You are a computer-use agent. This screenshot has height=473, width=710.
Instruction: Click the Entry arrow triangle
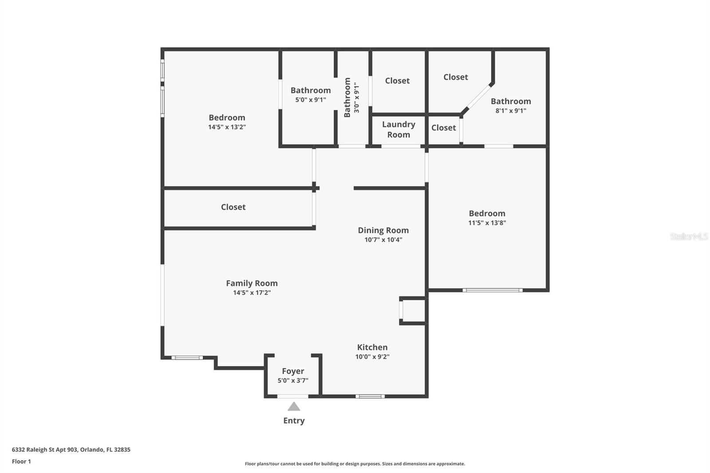pos(294,406)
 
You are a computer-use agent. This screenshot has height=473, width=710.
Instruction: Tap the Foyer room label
pos(293,371)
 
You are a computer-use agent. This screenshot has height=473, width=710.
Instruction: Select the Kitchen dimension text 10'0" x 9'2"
pos(372,357)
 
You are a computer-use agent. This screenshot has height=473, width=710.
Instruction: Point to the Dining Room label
pos(383,230)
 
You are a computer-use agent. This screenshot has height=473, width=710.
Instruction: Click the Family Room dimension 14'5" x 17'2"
pos(252,292)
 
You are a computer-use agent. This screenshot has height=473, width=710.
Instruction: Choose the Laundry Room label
pos(398,130)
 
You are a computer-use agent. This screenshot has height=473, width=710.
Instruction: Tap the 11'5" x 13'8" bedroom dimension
pos(487,223)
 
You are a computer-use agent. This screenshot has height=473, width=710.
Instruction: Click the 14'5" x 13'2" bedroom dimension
pos(227,127)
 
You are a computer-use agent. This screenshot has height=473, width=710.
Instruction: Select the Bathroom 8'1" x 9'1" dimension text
pos(511,110)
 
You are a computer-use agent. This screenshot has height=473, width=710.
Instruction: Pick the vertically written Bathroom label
pos(347,97)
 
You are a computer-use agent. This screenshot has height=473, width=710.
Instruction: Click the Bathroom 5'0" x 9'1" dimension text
pos(310,99)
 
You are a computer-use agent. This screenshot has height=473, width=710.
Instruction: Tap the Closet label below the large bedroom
pos(233,207)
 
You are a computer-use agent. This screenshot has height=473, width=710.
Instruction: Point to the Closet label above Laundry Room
pos(397,81)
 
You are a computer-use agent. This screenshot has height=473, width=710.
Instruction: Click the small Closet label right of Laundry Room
pos(443,128)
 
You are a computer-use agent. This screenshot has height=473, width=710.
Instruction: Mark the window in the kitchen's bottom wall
pos(370,396)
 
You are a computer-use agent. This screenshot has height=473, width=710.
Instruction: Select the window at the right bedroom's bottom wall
pos(492,290)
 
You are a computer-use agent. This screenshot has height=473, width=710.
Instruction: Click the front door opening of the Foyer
pos(292,396)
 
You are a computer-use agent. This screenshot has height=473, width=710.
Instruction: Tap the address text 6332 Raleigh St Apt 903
pos(45,449)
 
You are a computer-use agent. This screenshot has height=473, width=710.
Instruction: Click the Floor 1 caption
pos(21,461)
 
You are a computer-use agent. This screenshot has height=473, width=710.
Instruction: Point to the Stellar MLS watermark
pos(689,236)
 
